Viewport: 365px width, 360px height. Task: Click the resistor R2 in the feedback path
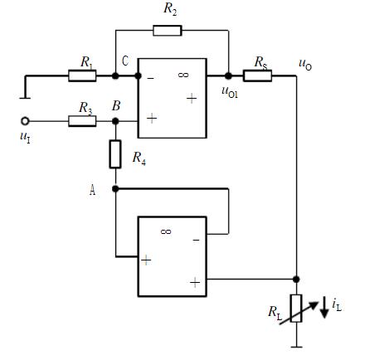coord(168,31)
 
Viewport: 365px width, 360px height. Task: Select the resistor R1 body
coord(82,75)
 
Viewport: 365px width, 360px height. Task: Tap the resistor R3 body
coord(82,121)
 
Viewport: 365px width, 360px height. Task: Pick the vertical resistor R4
coord(115,154)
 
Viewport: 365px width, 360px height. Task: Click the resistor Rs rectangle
coord(257,75)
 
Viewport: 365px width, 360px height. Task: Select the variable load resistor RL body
coord(296,309)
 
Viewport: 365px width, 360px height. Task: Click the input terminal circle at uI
coord(25,121)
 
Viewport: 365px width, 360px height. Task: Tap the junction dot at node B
coord(115,121)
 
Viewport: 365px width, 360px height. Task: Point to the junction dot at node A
coord(115,189)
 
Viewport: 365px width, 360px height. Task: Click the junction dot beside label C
coord(115,75)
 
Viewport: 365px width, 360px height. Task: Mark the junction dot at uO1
coord(228,75)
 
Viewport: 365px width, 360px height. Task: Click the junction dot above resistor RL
coord(296,280)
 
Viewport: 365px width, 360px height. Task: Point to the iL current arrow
coord(324,307)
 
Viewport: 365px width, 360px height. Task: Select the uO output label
coord(305,65)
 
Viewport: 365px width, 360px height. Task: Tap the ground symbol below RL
coord(296,347)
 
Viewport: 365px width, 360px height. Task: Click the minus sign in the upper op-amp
coord(150,79)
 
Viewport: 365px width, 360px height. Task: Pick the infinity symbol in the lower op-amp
coord(166,231)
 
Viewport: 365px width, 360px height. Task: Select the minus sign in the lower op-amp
coord(196,240)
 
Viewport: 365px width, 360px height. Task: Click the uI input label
coord(25,138)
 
